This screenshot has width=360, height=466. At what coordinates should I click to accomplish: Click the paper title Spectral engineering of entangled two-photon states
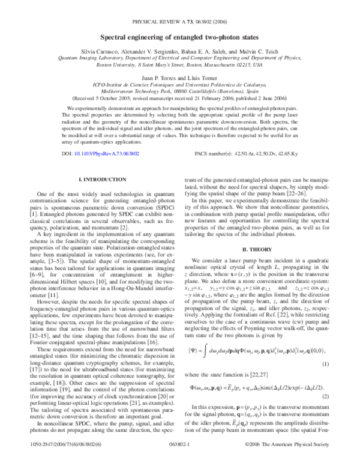click(x=179, y=37)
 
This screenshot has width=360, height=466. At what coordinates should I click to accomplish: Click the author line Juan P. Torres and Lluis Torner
click(x=179, y=77)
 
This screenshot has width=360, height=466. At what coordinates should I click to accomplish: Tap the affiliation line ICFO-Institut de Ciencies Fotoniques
click(x=179, y=86)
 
